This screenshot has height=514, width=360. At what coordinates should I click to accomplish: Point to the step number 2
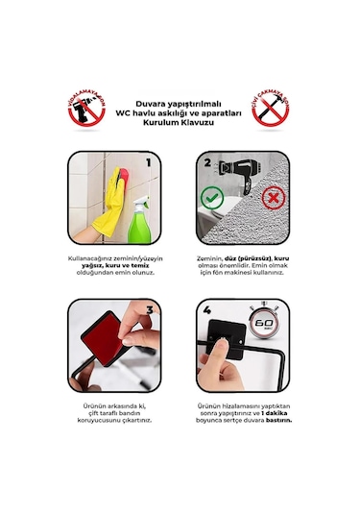(205, 162)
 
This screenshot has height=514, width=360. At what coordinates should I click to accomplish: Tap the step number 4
(205, 311)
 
